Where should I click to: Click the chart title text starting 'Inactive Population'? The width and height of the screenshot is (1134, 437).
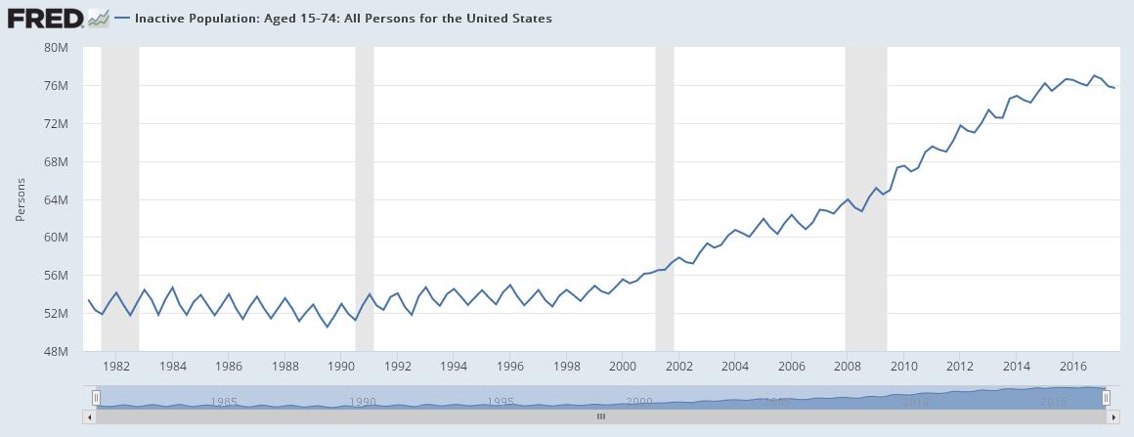(x=343, y=19)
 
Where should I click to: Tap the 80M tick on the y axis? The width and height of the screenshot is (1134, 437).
(x=57, y=48)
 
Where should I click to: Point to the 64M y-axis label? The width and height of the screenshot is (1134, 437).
(x=57, y=199)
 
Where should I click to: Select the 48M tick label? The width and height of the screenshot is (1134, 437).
(x=57, y=351)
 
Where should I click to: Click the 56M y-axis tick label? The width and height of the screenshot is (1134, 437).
(x=57, y=276)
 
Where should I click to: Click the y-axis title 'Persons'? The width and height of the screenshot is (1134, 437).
(x=21, y=199)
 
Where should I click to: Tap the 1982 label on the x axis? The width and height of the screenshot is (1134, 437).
(x=116, y=367)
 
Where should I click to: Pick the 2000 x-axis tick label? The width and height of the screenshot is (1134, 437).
(x=623, y=367)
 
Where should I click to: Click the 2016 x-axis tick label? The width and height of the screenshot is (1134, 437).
(x=1072, y=367)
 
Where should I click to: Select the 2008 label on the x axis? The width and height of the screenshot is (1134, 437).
(x=848, y=367)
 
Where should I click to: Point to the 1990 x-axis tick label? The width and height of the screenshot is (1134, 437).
(x=341, y=367)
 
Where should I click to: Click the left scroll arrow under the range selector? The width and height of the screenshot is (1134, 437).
(x=90, y=417)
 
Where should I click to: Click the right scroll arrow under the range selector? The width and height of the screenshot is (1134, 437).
(x=1112, y=417)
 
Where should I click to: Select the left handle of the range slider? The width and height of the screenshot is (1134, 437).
(x=96, y=398)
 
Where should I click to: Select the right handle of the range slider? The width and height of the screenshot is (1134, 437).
(x=1107, y=398)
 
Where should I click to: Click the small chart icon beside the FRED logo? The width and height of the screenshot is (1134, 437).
(x=98, y=18)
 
